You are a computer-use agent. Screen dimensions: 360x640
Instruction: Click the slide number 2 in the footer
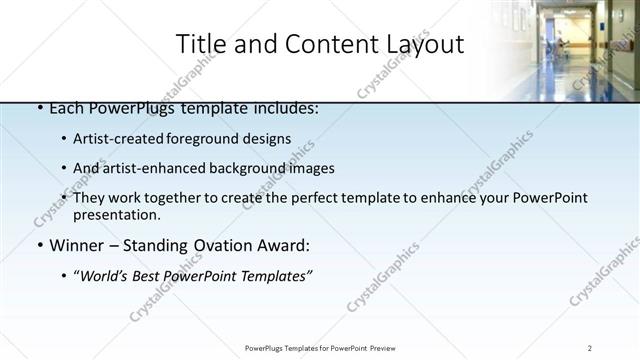[590, 348]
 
